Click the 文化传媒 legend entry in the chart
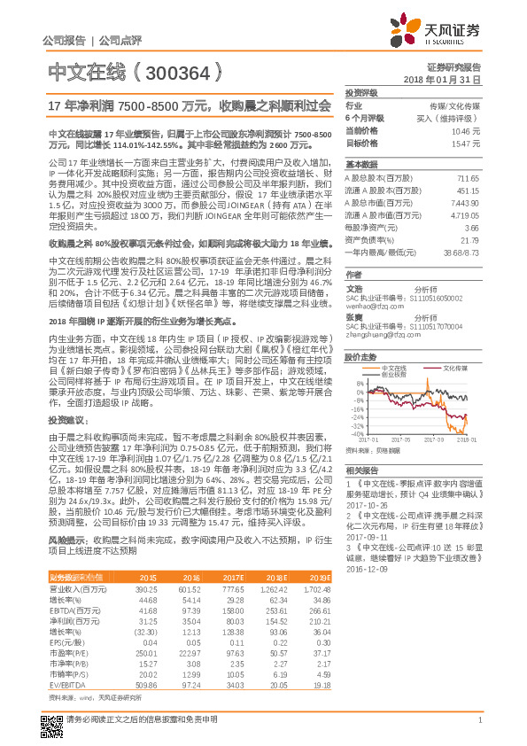456,367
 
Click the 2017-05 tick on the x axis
400,439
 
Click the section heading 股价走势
362,357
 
